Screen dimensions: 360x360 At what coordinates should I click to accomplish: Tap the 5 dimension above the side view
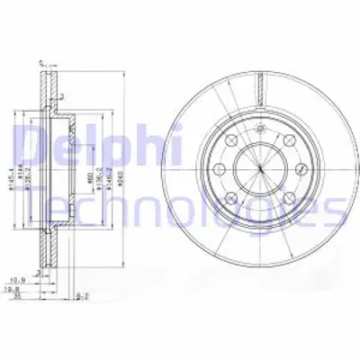(x=41, y=62)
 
